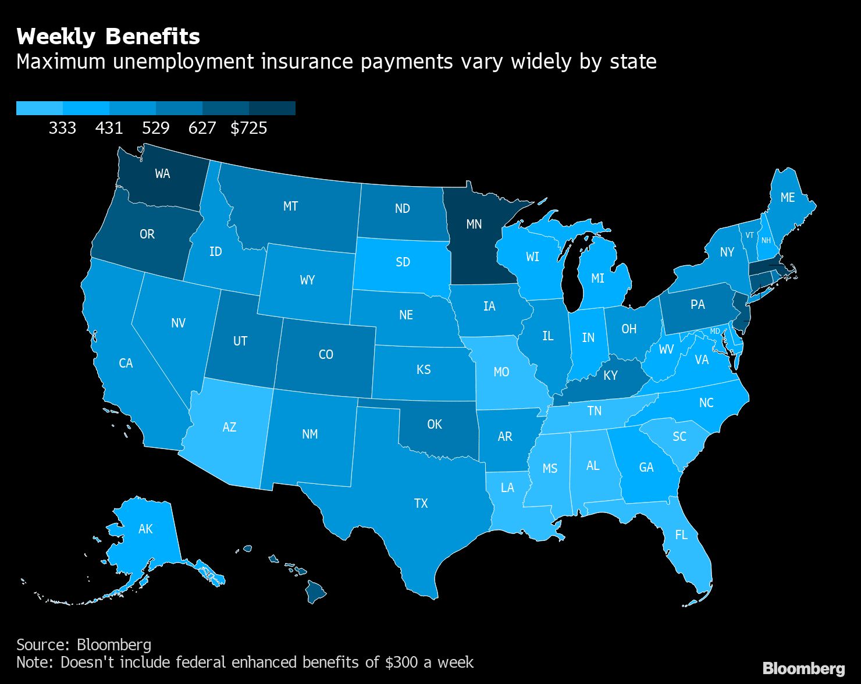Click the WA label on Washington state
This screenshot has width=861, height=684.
point(162,173)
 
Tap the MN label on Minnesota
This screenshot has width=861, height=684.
point(474,224)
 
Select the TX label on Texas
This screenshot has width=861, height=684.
point(421,503)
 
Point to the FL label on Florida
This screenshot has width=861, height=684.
point(681,535)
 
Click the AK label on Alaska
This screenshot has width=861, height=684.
point(145,529)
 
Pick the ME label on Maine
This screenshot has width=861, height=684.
point(787,198)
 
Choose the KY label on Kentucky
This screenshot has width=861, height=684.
point(610,376)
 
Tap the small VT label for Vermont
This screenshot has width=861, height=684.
point(749,236)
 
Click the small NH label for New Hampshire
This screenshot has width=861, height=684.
point(766,241)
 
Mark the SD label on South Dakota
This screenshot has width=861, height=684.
point(403,262)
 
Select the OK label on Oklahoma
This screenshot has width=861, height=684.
point(435,425)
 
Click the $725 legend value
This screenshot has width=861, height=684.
point(249,128)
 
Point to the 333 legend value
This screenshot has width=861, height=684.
point(62,128)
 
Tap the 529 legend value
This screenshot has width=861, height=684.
point(156,128)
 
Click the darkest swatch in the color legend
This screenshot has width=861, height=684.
point(272,108)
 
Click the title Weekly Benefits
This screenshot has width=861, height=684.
point(108,37)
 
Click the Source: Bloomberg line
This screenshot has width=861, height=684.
point(84,644)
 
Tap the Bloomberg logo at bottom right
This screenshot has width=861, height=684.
point(803,668)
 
